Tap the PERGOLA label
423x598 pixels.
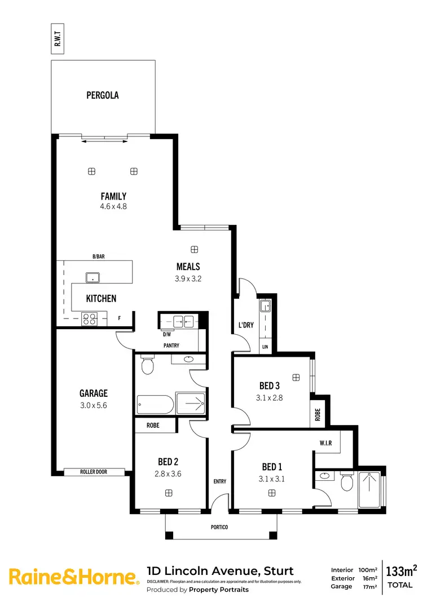pos(103,95)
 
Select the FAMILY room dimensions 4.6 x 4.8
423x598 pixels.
pos(113,206)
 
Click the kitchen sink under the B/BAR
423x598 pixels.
pos(91,277)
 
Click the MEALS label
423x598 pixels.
pos(188,267)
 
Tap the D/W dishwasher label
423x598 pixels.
pos(166,334)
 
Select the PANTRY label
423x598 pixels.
pos(171,344)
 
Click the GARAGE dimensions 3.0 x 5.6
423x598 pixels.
pos(94,404)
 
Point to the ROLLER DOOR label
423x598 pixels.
pos(94,472)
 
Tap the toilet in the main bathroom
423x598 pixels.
pos(147,365)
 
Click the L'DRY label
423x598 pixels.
pos(245,325)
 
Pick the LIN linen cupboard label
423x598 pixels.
pos(265,347)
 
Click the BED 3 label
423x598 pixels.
pos(270,386)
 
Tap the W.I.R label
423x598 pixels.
pos(325,444)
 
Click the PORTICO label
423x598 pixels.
pos(221,528)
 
